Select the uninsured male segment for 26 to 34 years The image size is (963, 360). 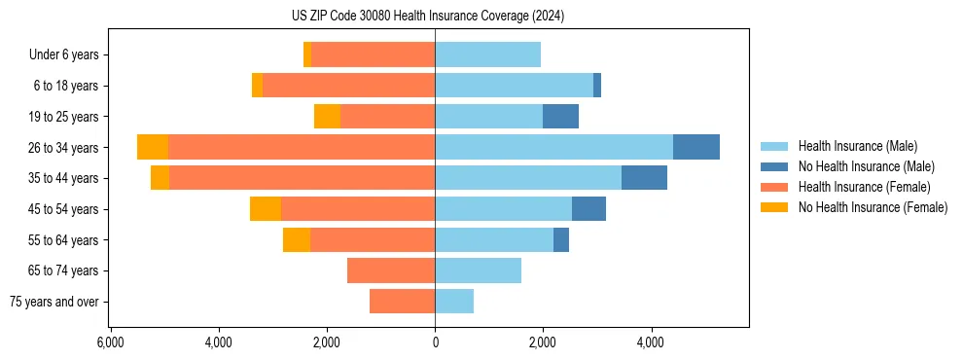(x=696, y=147)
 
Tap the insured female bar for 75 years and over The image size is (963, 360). (x=402, y=302)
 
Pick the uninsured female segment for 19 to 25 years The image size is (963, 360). (x=327, y=116)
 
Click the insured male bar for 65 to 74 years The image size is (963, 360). (x=478, y=270)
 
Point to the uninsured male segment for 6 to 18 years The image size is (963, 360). (x=597, y=86)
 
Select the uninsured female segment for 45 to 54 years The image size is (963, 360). (x=266, y=208)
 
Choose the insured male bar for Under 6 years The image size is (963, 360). (x=487, y=54)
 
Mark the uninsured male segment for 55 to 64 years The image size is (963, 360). (x=561, y=239)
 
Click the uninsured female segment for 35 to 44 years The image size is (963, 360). (x=160, y=178)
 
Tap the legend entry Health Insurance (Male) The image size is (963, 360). (x=857, y=146)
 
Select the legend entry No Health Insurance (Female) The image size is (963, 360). (x=873, y=207)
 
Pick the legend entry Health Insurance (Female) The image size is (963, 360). (x=864, y=187)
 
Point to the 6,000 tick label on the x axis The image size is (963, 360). (x=111, y=342)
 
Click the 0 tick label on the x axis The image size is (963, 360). (x=435, y=342)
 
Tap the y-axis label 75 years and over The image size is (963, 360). (x=54, y=302)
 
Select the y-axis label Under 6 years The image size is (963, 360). (x=70, y=54)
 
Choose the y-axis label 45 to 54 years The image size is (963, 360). (x=66, y=208)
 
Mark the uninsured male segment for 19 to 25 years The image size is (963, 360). (x=560, y=116)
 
